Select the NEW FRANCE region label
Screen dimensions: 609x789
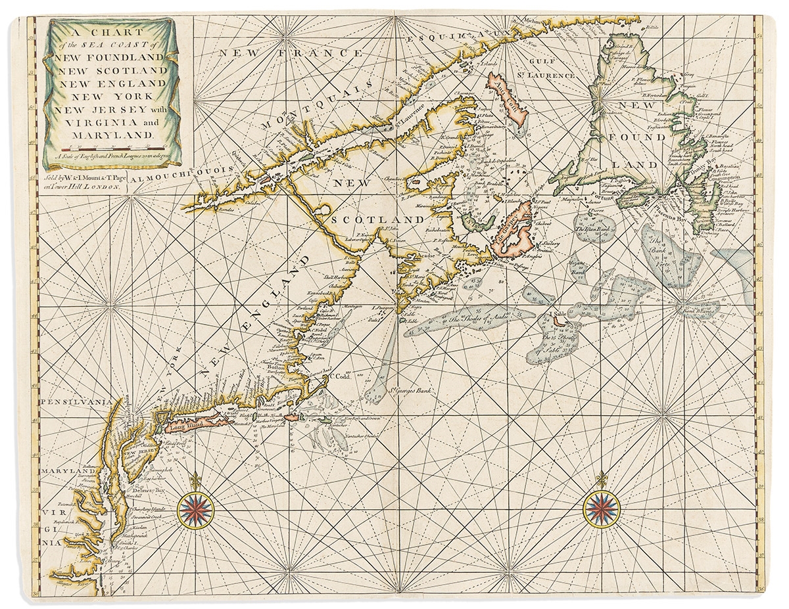tap(262, 52)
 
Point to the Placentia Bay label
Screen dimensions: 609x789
tap(673, 212)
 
